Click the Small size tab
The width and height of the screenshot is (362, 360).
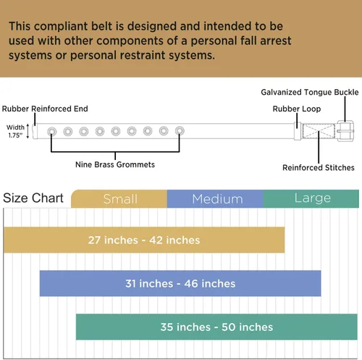click(119, 198)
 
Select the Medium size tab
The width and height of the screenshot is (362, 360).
click(215, 198)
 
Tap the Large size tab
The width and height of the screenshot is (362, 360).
click(311, 198)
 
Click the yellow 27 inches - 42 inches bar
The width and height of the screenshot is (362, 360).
click(144, 240)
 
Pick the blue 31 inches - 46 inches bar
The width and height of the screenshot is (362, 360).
click(180, 283)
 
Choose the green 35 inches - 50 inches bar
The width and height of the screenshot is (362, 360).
click(216, 327)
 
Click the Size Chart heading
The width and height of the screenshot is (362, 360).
click(33, 198)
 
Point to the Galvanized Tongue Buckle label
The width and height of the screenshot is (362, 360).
click(310, 92)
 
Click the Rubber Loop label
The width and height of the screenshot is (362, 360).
click(297, 109)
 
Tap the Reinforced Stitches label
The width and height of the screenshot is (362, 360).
click(319, 167)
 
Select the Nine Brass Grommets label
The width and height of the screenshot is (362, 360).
click(115, 164)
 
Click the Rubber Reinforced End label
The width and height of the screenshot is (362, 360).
click(45, 109)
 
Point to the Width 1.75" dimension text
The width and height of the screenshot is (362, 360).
click(15, 131)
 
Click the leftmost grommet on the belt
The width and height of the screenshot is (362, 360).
click(52, 132)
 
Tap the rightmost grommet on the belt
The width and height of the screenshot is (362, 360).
click(180, 131)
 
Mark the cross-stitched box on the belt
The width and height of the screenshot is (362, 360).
click(319, 131)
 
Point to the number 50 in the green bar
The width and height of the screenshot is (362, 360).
click(229, 327)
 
